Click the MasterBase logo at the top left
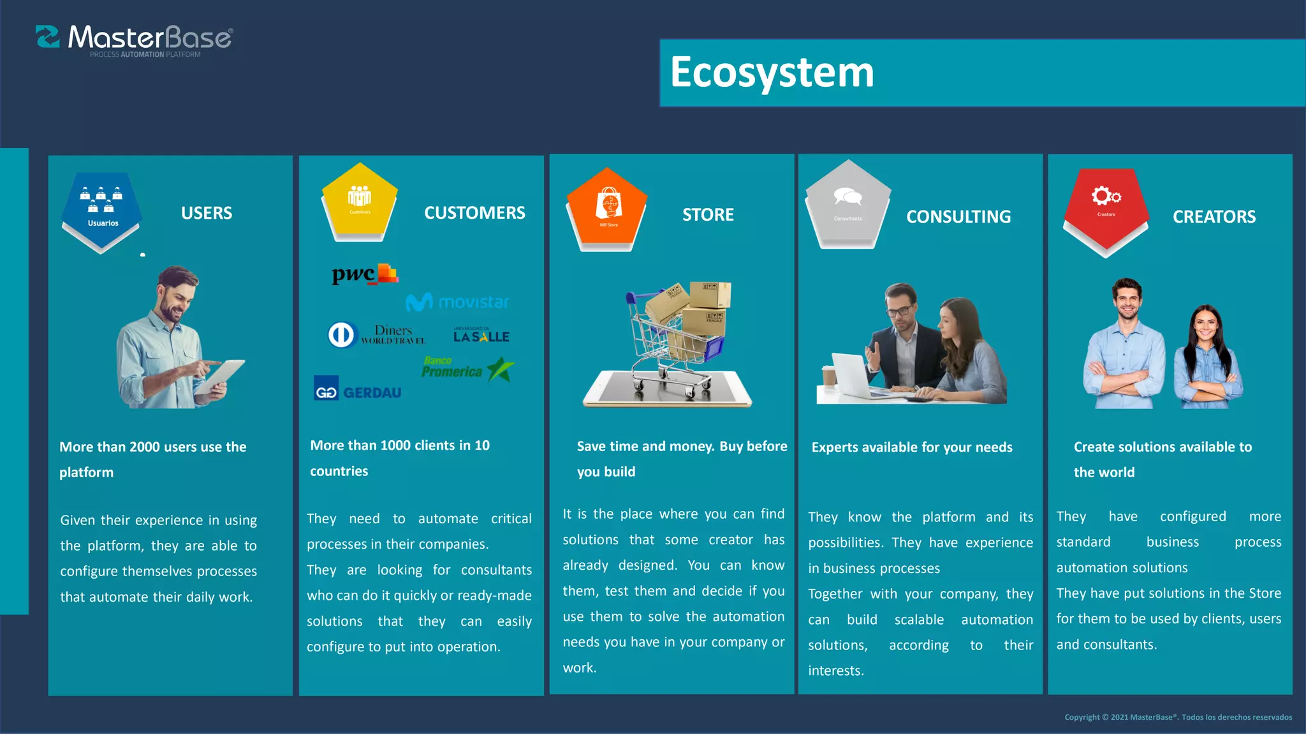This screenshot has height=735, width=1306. (x=135, y=40)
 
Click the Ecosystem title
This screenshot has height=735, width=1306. (x=772, y=72)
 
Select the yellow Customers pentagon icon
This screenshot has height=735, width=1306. (x=360, y=201)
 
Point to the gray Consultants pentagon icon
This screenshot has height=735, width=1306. (x=847, y=204)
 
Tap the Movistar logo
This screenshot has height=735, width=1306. (x=458, y=302)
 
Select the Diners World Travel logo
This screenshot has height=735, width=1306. (x=376, y=334)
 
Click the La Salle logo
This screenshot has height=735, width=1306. (x=481, y=335)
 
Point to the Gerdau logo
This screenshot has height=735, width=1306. (x=358, y=390)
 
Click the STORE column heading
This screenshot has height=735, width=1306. (x=708, y=215)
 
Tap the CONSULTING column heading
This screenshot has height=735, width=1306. (x=958, y=217)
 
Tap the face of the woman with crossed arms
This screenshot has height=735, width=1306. (x=1205, y=326)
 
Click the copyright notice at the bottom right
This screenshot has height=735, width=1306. (x=1178, y=717)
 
